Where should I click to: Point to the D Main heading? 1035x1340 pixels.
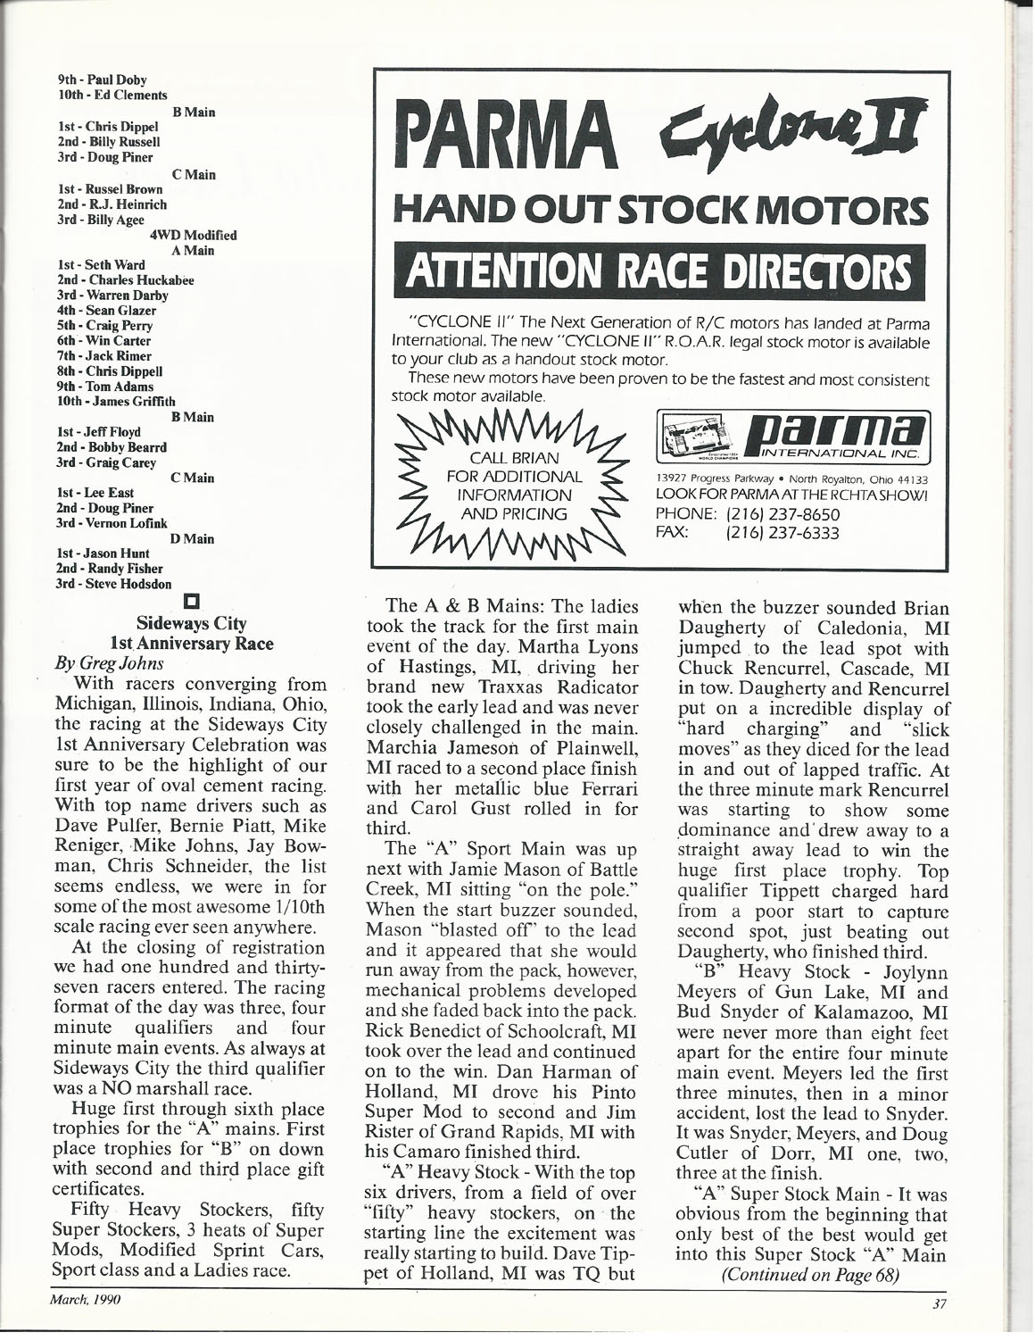point(192,539)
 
